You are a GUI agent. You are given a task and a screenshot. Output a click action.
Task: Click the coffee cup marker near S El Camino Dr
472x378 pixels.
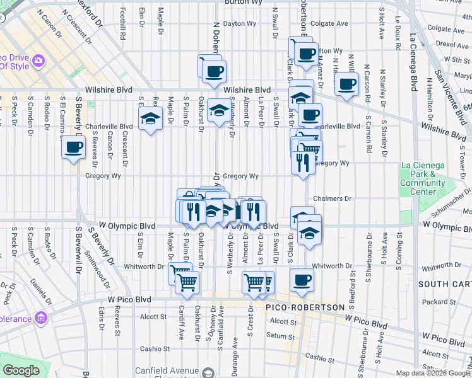tap(73, 148)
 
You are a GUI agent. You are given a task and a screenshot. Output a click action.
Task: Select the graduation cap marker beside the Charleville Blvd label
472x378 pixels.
tap(150, 118)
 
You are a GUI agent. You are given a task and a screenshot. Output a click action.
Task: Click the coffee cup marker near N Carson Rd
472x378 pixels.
tap(346, 84)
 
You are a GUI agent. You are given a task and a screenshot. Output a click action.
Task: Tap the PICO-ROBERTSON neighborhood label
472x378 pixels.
tap(305, 307)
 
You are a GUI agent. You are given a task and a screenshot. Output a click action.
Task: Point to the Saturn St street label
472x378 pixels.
tap(277, 335)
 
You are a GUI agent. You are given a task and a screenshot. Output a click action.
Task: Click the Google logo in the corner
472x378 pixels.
tap(21, 370)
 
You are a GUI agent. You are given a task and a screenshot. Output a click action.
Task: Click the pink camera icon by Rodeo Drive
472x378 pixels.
tap(39, 60)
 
